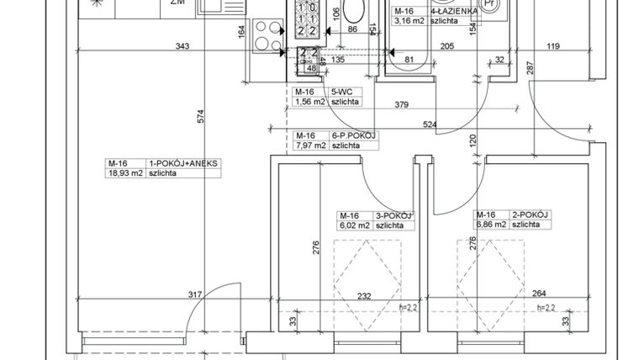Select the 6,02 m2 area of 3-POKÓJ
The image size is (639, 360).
click(x=353, y=225)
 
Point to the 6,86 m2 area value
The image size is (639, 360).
click(x=490, y=225)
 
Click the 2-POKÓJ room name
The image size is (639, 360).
click(x=530, y=214)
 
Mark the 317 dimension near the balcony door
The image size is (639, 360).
click(x=195, y=294)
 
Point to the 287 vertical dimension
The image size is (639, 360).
click(x=531, y=69)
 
